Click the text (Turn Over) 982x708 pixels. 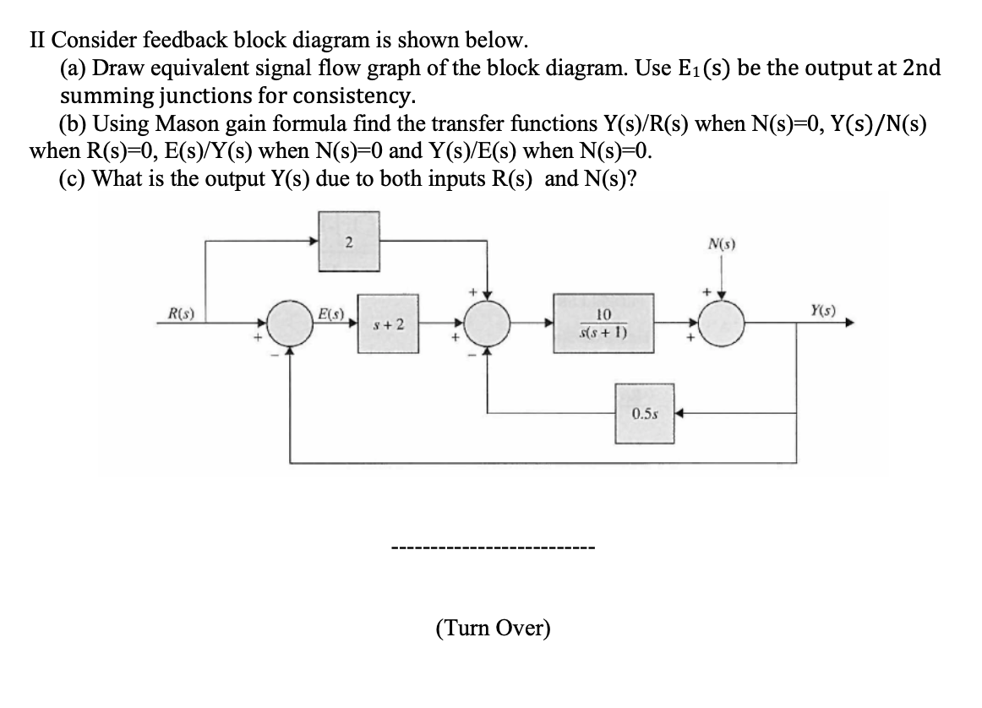point(493,629)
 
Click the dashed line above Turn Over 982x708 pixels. point(493,550)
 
